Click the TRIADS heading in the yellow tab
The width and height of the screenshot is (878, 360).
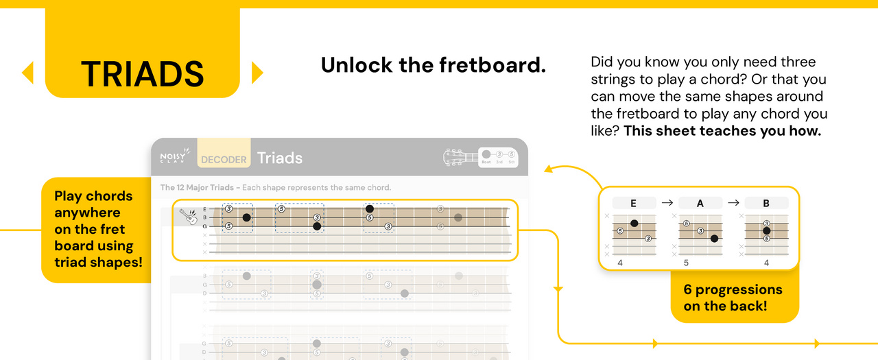(x=142, y=73)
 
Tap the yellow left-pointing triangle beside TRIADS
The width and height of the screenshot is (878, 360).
(x=28, y=73)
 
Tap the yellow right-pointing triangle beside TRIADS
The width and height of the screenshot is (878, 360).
(x=257, y=73)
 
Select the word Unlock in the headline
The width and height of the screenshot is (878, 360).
(x=356, y=65)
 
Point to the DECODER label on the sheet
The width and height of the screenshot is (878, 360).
(x=224, y=160)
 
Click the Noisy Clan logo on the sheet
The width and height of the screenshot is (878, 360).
(x=173, y=158)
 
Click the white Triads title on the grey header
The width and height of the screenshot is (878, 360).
(x=280, y=158)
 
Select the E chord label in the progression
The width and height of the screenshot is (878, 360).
(x=633, y=203)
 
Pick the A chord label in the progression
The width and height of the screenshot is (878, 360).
(x=700, y=203)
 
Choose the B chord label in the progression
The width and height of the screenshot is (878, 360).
(x=766, y=203)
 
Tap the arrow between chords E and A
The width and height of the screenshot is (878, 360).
(x=667, y=203)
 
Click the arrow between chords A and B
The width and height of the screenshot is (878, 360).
(x=733, y=203)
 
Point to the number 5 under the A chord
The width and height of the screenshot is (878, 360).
(x=686, y=263)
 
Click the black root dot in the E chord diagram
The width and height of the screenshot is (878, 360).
(x=634, y=224)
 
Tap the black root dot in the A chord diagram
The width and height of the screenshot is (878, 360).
(x=714, y=239)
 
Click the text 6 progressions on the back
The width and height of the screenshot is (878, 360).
(x=733, y=298)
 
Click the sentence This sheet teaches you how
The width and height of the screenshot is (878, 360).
(x=722, y=131)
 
